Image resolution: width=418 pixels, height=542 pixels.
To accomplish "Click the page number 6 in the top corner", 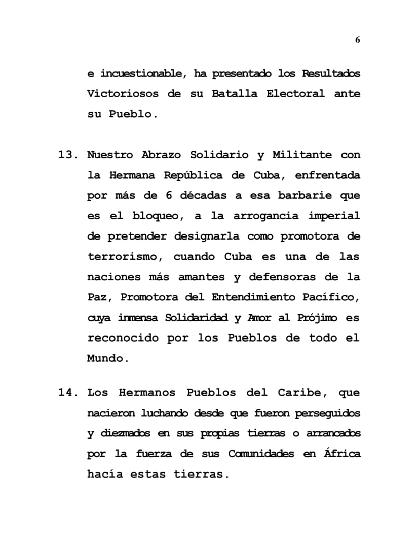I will [x=358, y=40].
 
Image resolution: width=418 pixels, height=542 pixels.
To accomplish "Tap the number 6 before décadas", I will [x=169, y=195].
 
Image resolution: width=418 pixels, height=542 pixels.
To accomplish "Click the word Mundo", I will [x=104, y=358].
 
